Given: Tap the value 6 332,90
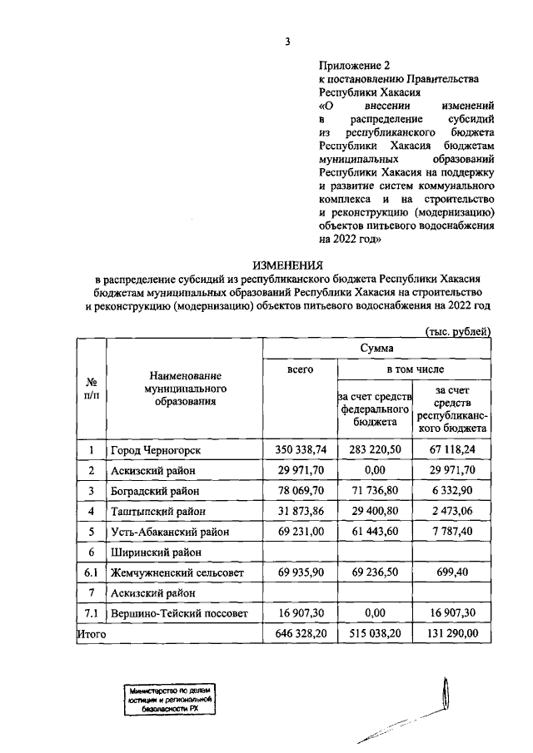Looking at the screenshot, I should pyautogui.click(x=453, y=491).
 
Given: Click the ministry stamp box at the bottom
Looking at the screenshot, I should pyautogui.click(x=171, y=701).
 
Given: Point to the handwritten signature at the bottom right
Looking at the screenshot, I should pyautogui.click(x=425, y=716).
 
